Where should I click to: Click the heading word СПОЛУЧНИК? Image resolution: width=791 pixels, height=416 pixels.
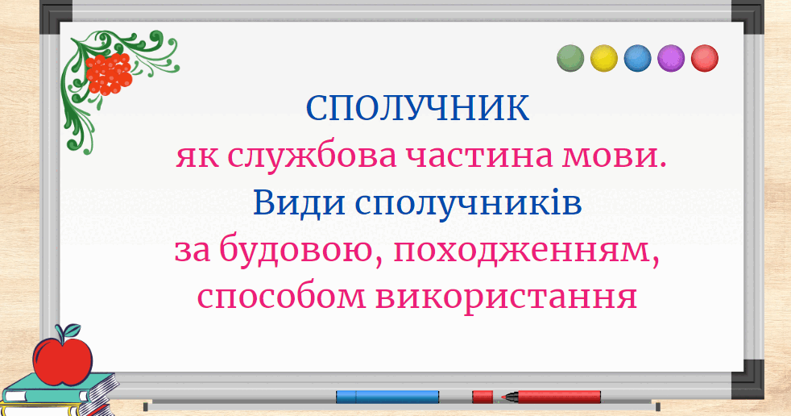pyautogui.click(x=418, y=107)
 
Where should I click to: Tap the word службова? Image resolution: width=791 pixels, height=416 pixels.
pyautogui.click(x=312, y=156)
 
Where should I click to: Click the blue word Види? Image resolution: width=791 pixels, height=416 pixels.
pyautogui.click(x=299, y=203)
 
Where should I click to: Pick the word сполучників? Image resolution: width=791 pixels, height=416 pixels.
pyautogui.click(x=468, y=204)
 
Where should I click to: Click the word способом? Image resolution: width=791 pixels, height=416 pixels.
pyautogui.click(x=281, y=297)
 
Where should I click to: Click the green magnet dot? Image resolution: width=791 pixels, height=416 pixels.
pyautogui.click(x=570, y=58)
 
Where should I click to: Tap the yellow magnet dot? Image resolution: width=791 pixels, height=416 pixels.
pyautogui.click(x=604, y=58)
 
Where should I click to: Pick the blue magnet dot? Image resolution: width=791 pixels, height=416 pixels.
pyautogui.click(x=638, y=58)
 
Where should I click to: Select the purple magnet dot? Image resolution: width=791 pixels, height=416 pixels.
pyautogui.click(x=671, y=58)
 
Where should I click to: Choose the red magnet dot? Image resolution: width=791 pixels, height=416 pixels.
pyautogui.click(x=704, y=58)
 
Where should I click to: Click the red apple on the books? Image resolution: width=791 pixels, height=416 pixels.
pyautogui.click(x=63, y=360)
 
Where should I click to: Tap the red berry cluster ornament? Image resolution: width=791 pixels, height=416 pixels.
pyautogui.click(x=109, y=74)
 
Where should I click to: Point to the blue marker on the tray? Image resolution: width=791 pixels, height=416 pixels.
pyautogui.click(x=387, y=397)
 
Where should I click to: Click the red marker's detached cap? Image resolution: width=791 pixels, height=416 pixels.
pyautogui.click(x=482, y=397)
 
